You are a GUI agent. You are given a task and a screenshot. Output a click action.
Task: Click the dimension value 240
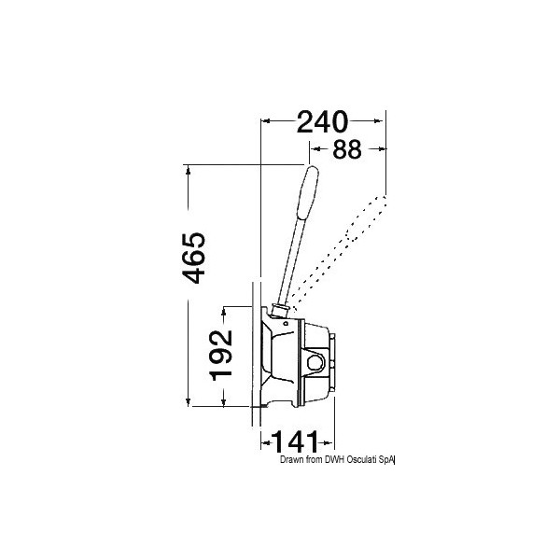coord(322,122)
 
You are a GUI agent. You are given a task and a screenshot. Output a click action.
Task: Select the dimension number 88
coord(347,149)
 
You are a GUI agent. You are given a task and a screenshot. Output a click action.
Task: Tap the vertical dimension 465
coord(194,259)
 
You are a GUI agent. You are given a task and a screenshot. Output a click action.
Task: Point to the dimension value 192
coord(221,356)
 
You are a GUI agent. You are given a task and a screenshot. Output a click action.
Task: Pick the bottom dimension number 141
coord(295,442)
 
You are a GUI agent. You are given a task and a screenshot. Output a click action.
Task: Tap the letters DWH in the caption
coord(334,459)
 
